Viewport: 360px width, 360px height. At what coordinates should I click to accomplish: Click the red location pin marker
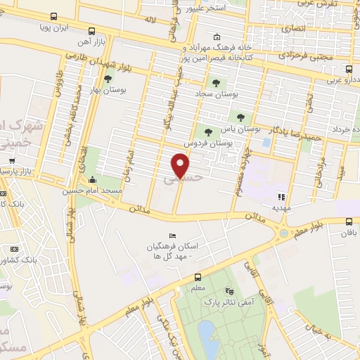click(x=181, y=166)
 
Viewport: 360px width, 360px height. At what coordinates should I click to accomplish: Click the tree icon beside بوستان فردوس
click(x=207, y=131)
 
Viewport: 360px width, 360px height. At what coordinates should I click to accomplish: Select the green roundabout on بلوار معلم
click(x=284, y=233)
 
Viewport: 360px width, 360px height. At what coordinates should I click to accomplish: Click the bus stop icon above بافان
click(x=349, y=221)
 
